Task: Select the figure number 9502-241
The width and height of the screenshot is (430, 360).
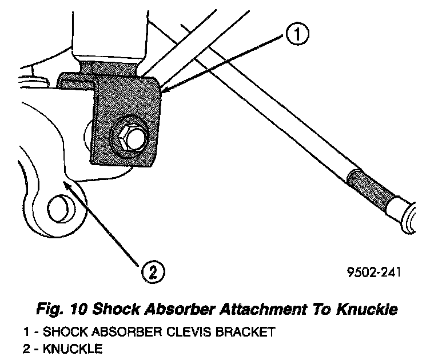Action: point(373,272)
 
